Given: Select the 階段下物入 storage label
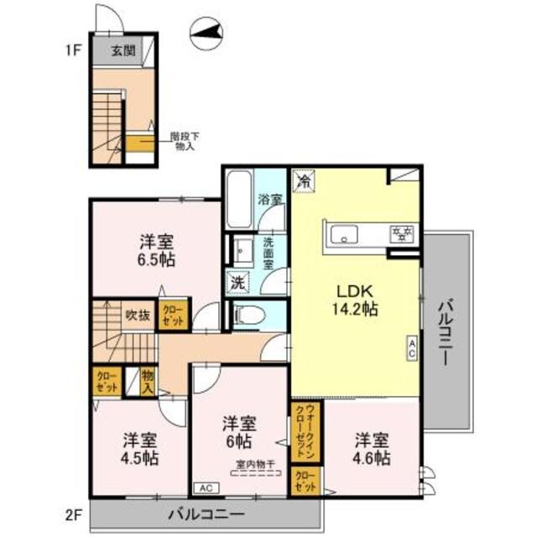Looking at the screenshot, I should tap(185, 140).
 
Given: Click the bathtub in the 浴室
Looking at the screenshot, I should tap(238, 199).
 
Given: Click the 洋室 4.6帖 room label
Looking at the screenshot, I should tap(370, 448).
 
